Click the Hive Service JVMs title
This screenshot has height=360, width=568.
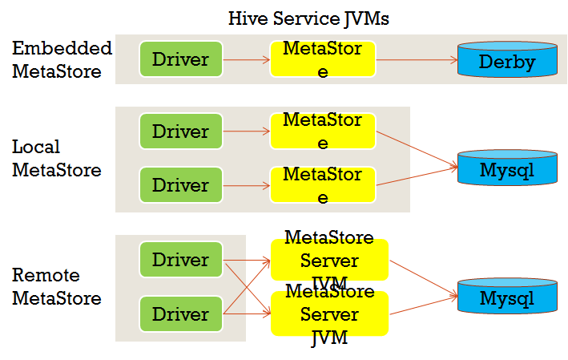coord(308,18)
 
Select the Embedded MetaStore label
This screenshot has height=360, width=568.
coord(61,60)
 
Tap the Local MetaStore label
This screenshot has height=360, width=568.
coord(56,159)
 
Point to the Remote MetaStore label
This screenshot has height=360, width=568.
coord(56,287)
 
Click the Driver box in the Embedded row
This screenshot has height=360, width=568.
coord(180,59)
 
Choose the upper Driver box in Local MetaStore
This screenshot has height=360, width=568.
coord(180,131)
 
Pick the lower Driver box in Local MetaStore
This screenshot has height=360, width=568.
coord(180,184)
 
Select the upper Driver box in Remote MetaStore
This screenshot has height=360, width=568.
coord(180,260)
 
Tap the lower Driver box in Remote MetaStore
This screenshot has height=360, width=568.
coord(180,313)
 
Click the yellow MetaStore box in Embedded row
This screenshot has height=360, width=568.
coord(322,59)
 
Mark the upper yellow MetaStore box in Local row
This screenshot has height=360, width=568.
coord(322,131)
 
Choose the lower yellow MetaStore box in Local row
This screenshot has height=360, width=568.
coord(322,184)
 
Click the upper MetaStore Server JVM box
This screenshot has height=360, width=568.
coord(329,258)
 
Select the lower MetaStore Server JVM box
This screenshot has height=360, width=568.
coord(329,314)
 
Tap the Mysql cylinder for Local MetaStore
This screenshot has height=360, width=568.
coord(506,168)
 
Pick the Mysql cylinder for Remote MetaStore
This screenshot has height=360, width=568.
coord(506,297)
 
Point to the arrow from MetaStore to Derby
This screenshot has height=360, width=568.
coord(415,59)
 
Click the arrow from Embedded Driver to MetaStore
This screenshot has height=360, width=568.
coord(246,59)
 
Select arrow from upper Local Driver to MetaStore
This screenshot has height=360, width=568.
coord(246,131)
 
